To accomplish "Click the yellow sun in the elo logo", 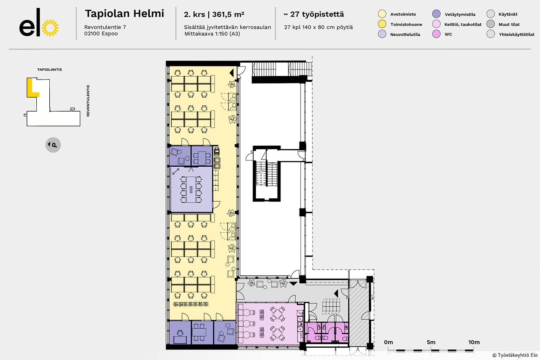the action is tap(50, 28).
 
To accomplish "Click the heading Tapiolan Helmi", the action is tap(125, 14).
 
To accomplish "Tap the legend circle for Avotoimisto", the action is tap(382, 14).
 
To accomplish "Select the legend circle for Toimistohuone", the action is tap(382, 24).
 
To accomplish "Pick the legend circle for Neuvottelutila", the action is tap(382, 34).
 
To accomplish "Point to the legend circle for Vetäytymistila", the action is tap(436, 14).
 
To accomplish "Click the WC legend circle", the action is tap(436, 34).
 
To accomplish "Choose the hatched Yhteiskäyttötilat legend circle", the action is tap(491, 34).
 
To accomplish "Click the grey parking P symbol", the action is tap(53, 145).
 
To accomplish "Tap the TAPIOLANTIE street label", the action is tap(50, 69).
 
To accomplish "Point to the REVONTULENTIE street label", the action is tap(88, 100).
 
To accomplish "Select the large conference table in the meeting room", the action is tap(191, 189).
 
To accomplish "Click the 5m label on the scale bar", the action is tap(431, 342).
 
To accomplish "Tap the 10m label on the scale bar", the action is tap(474, 342).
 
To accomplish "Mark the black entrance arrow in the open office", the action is tap(232, 73).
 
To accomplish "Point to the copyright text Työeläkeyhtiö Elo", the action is tap(515, 355).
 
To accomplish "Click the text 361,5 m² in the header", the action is tap(228, 14).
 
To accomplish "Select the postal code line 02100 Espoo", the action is tap(101, 33).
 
